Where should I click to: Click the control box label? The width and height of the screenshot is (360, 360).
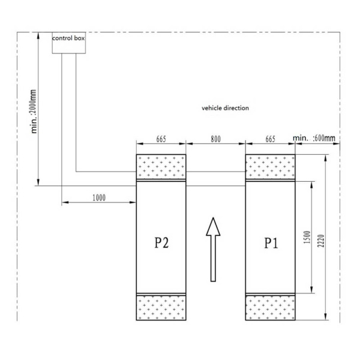[68, 38]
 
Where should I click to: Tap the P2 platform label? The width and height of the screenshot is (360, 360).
[161, 242]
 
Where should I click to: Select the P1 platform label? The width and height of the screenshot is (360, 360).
[271, 243]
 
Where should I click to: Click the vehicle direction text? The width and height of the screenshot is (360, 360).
[225, 108]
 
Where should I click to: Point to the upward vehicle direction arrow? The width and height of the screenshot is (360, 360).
[213, 250]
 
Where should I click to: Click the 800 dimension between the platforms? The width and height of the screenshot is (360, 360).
[216, 139]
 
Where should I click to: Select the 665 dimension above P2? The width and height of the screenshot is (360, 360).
[161, 139]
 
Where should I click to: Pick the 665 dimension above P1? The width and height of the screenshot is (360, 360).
[270, 139]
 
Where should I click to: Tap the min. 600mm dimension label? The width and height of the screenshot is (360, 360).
[314, 138]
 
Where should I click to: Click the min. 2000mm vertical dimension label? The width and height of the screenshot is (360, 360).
[34, 112]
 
